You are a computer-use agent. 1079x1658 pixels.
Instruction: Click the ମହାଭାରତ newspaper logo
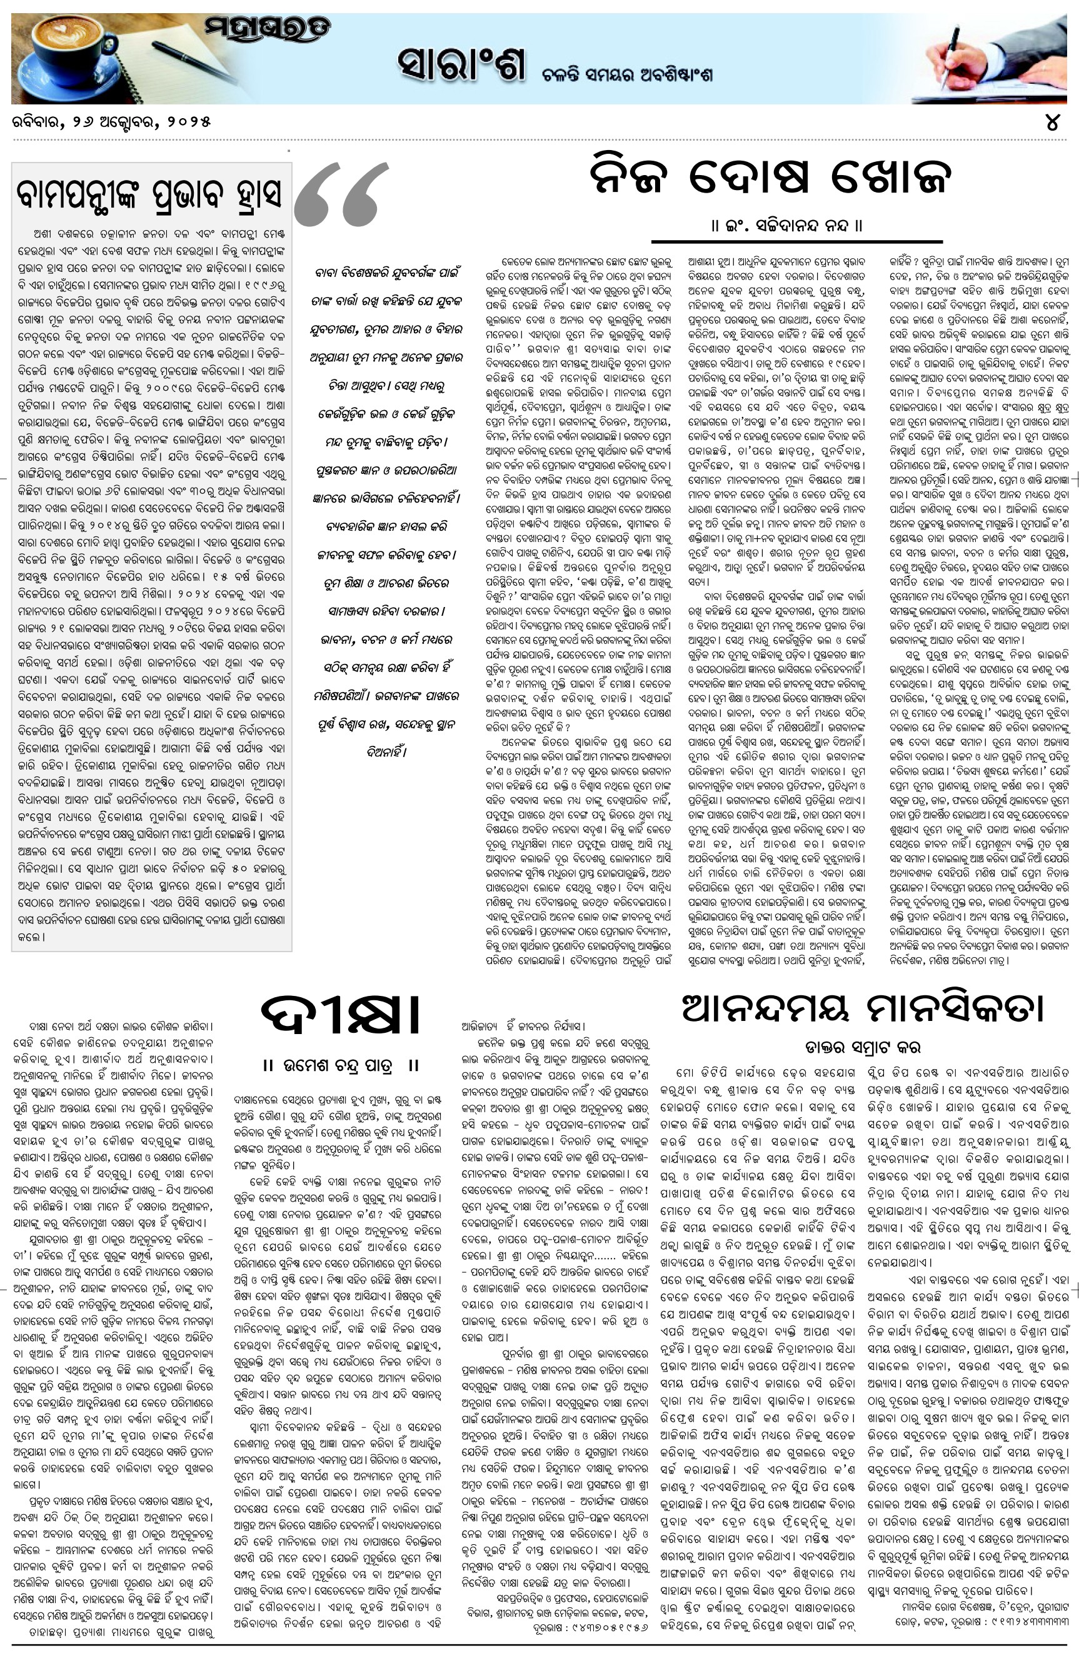pos(268,29)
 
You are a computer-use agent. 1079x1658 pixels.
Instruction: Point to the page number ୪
pos(1052,123)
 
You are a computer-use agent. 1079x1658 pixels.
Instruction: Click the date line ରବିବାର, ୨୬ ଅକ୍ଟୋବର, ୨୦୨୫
pos(111,122)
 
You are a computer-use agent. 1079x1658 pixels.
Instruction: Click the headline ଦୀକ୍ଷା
pos(341,1018)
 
